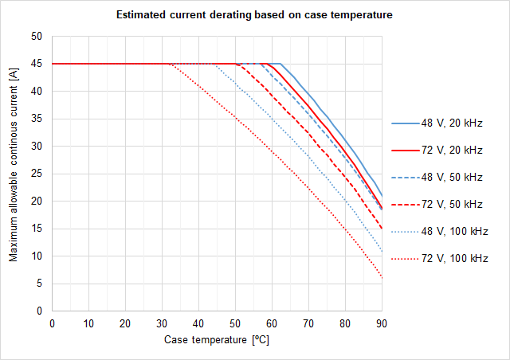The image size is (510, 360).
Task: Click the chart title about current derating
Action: tap(254, 15)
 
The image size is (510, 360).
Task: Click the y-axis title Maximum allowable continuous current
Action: tap(14, 174)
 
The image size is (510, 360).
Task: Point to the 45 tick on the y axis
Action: tap(36, 64)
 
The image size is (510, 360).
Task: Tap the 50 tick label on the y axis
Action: tap(36, 37)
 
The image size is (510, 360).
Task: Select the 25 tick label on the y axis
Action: tap(36, 174)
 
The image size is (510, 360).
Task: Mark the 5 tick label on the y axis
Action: tap(38, 284)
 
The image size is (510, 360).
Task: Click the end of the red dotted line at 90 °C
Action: tap(382, 277)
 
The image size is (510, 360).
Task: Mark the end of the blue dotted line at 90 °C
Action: tap(382, 252)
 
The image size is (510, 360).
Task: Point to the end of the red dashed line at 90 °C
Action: tap(382, 229)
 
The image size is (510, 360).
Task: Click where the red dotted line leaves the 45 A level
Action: tap(170, 64)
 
